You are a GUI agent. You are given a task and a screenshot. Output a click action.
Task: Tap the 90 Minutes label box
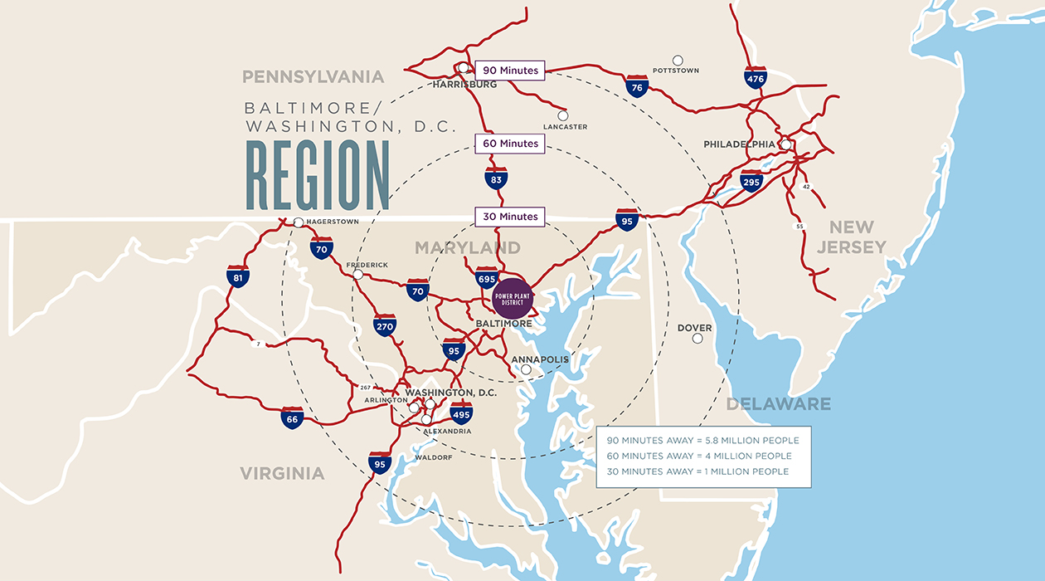point(510,71)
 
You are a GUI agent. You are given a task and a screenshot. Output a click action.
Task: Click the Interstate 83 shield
point(496,178)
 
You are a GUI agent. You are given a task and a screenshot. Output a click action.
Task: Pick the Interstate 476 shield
point(755,79)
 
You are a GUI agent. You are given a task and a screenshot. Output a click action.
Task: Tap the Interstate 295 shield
point(751,181)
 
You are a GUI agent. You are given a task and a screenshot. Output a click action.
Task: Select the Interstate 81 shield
point(238,277)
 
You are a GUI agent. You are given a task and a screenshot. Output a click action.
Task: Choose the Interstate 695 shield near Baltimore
point(487,278)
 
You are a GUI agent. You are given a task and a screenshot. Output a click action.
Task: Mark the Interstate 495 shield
point(461,413)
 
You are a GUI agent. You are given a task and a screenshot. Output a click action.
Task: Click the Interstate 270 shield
point(384,325)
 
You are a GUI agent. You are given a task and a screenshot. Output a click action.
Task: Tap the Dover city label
point(694,328)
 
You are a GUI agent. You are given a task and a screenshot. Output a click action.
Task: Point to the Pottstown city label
point(676,71)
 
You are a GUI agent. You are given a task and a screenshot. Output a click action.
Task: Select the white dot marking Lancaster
point(563,115)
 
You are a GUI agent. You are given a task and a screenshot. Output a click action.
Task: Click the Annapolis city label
point(541,359)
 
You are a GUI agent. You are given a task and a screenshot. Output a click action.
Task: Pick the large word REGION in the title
point(318,176)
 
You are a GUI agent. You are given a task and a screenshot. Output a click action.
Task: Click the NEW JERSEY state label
point(852,237)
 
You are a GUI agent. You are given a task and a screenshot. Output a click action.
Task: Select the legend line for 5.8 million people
point(702,440)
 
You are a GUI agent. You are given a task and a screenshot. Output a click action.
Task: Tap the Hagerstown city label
point(333,222)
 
